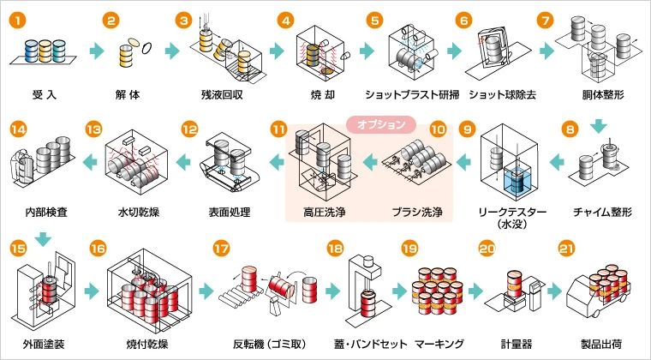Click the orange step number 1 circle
coord(17,20)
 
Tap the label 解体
coord(128,94)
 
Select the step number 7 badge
coord(545,20)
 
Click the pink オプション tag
coord(380,124)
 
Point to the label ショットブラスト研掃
coord(412,94)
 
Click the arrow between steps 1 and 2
coord(97,51)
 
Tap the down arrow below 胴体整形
coord(598,126)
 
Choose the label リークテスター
coord(511,213)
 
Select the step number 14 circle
coord(17,129)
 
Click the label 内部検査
coord(46,213)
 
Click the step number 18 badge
coord(336,249)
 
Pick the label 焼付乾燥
coord(147,345)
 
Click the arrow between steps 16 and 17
coord(206,291)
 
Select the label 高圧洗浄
coord(325,213)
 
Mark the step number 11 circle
coord(278,129)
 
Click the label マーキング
coord(439,345)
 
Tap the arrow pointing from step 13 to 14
coord(90,161)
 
